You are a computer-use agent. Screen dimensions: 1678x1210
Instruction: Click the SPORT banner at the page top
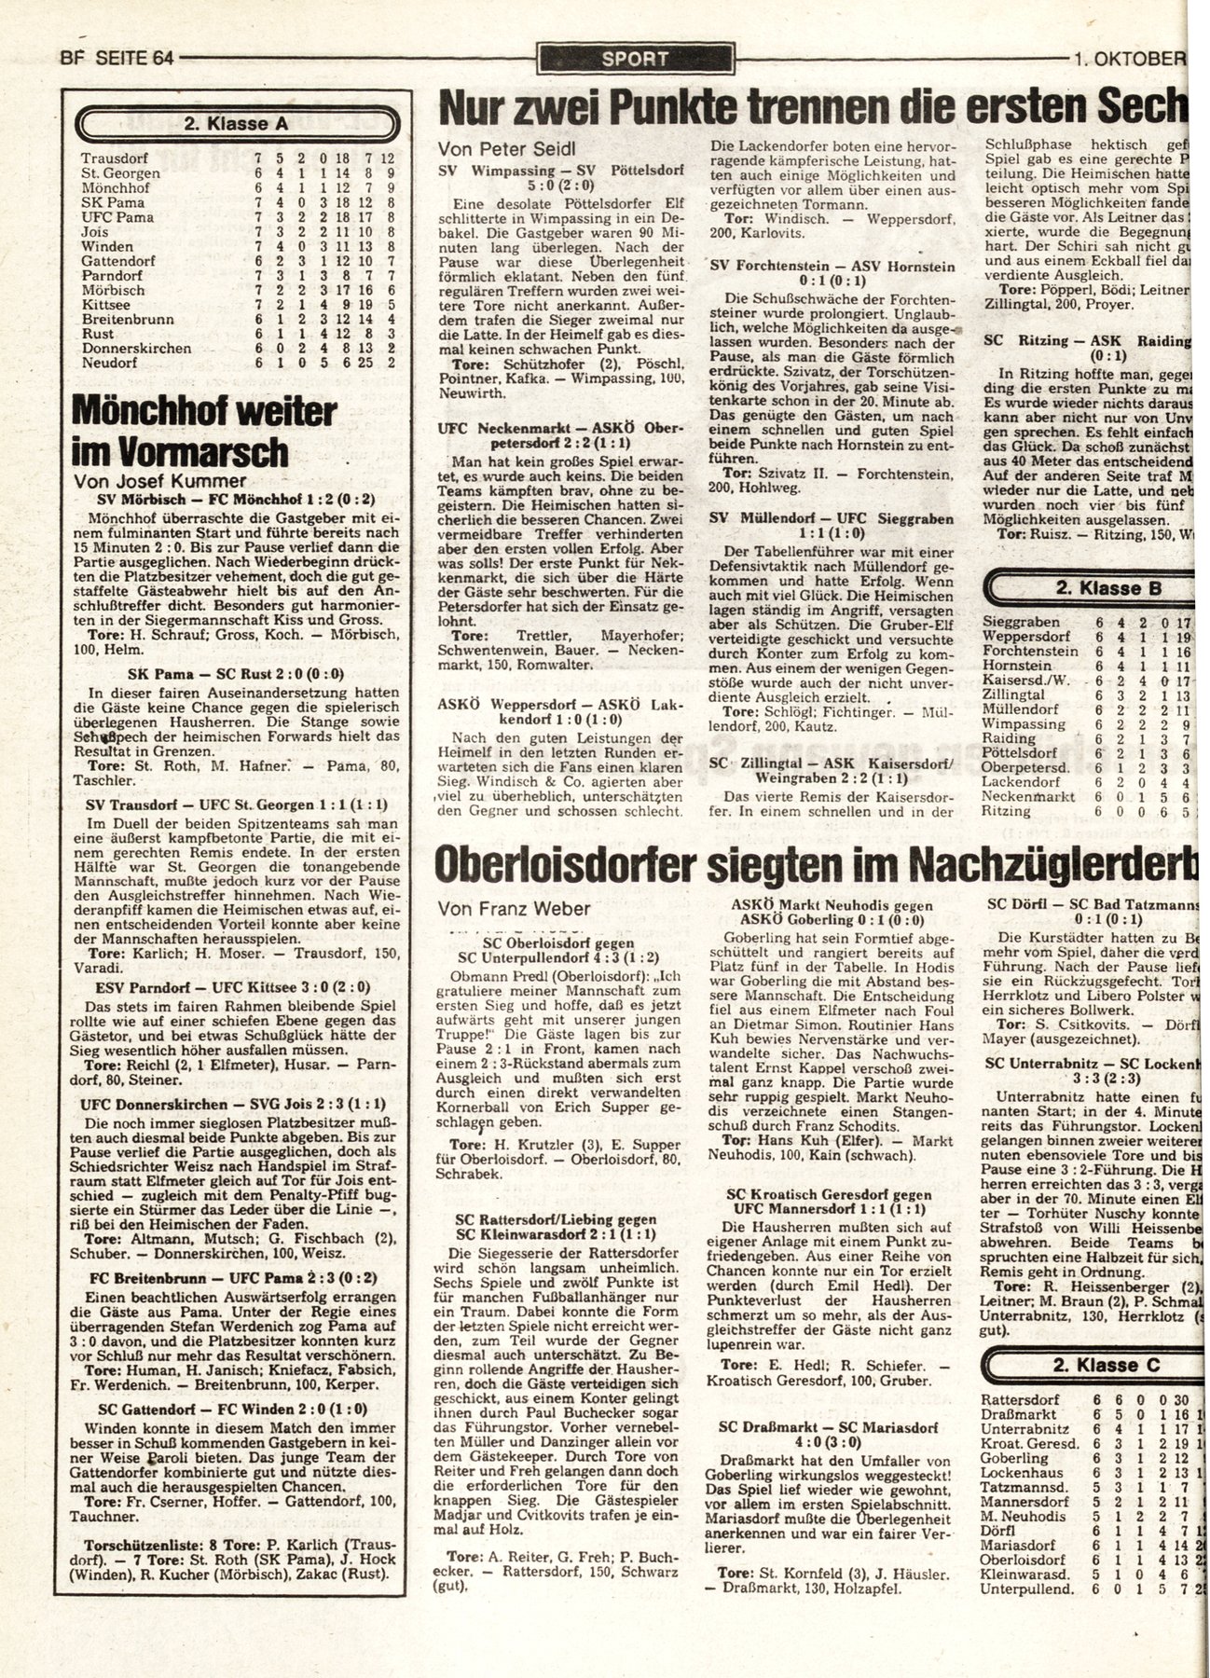click(x=636, y=59)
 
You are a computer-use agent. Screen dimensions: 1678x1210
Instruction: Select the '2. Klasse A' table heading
click(x=237, y=121)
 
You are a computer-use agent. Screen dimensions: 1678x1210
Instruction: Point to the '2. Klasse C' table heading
click(x=1107, y=1366)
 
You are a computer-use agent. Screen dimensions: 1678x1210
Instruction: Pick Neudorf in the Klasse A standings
click(x=109, y=364)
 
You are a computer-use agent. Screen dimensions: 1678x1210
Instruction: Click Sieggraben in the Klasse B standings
click(x=1021, y=622)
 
